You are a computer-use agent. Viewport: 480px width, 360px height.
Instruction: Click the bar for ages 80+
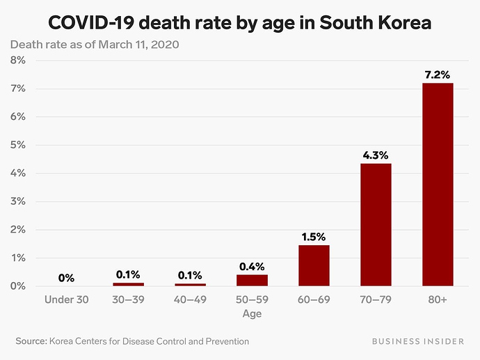[x=438, y=185]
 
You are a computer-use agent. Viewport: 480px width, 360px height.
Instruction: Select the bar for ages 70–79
[x=376, y=225]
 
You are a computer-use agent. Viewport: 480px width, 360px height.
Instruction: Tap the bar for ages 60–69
[x=314, y=265]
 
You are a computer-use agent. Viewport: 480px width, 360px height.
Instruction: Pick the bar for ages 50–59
[x=252, y=280]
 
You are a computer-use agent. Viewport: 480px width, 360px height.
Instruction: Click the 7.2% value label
[x=438, y=74]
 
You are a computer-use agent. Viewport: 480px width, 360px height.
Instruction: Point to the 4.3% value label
[x=376, y=155]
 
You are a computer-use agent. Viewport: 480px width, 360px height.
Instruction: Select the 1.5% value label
[x=314, y=236]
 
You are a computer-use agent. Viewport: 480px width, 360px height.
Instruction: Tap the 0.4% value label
[x=252, y=266]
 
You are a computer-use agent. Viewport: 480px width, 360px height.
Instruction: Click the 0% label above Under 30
[x=66, y=277]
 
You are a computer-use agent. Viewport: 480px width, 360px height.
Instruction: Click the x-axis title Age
[x=252, y=314]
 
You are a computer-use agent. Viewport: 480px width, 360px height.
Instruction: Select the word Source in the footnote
[x=30, y=341]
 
